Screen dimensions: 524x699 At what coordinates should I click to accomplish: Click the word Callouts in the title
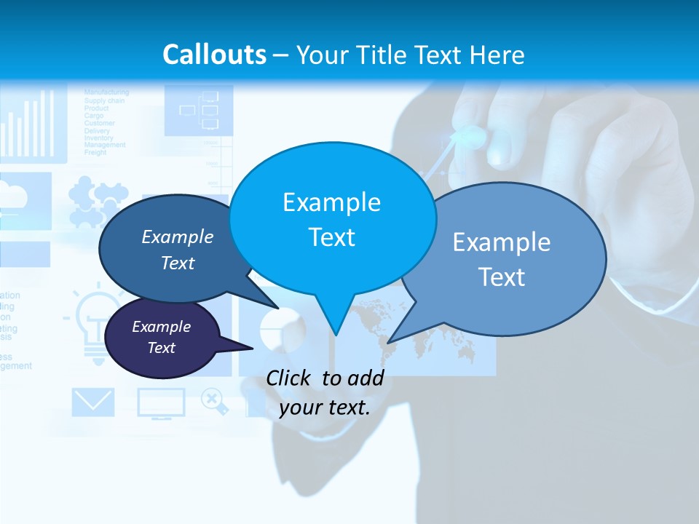coord(214,55)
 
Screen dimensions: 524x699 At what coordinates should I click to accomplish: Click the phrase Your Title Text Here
coord(410,55)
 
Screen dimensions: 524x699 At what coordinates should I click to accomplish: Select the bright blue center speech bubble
coord(332,218)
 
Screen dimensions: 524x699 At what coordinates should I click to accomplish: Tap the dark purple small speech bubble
coord(162,338)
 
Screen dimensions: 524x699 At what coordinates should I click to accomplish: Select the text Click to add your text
coord(325,392)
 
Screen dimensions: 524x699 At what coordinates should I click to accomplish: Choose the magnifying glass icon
coord(214,401)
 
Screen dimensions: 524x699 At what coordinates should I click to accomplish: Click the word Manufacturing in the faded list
coord(106,92)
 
